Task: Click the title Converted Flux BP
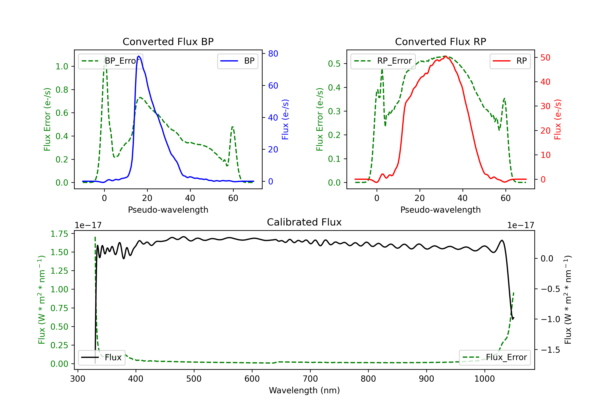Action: pyautogui.click(x=168, y=41)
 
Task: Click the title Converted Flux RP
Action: pyautogui.click(x=440, y=41)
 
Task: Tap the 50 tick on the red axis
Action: pyautogui.click(x=545, y=57)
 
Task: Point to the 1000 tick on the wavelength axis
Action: pyautogui.click(x=484, y=379)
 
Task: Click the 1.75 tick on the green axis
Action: pyautogui.click(x=59, y=234)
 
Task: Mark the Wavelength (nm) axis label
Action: pyautogui.click(x=304, y=390)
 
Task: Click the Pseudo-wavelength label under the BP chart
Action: pyautogui.click(x=168, y=210)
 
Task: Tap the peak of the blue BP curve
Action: pyautogui.click(x=139, y=56)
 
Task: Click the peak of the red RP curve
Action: pyautogui.click(x=445, y=56)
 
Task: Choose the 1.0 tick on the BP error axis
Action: pyautogui.click(x=62, y=66)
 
